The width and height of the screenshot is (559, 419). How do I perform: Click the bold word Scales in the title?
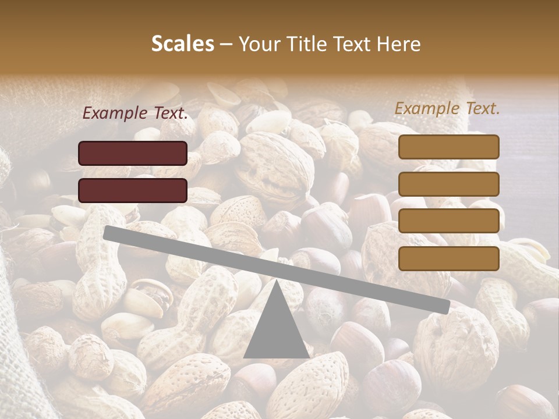point(182,44)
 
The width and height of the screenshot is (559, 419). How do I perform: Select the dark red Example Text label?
point(135,113)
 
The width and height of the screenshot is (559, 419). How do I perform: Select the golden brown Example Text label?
point(447,108)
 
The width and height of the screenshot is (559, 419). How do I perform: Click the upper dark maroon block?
point(133,153)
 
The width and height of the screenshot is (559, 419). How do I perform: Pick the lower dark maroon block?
point(133,190)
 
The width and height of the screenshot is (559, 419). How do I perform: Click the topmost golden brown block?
point(449,147)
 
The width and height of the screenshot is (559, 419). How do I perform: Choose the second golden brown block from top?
point(449,184)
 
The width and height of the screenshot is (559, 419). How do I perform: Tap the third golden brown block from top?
point(449,221)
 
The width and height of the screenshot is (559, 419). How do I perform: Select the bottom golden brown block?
point(449,258)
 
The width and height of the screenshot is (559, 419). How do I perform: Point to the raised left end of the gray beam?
point(108,232)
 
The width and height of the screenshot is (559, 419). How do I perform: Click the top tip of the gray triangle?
point(276,280)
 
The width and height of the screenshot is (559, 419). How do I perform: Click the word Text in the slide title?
point(354,44)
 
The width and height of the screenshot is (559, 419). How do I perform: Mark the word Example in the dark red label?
point(115,113)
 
